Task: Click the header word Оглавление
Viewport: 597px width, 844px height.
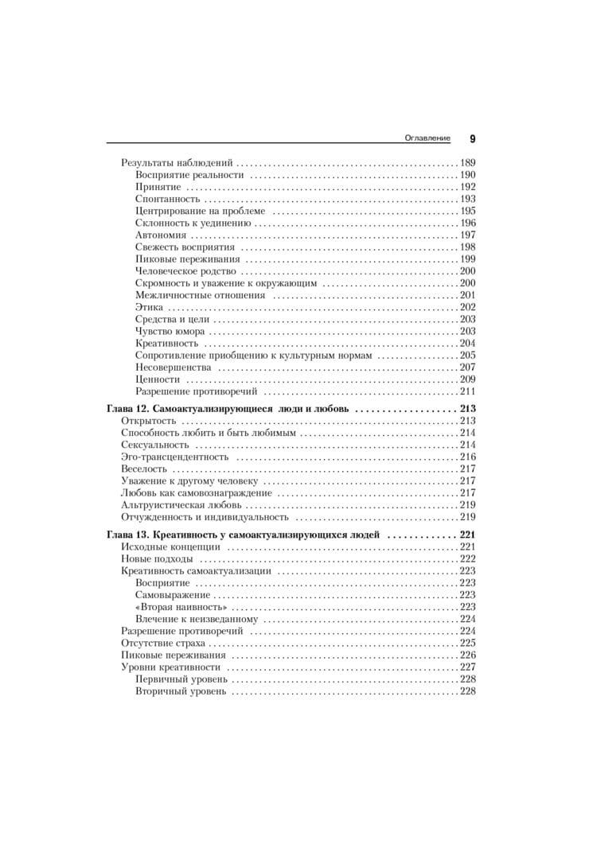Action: point(427,138)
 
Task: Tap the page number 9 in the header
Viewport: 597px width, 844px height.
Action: point(472,138)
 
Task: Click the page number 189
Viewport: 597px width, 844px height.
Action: point(467,162)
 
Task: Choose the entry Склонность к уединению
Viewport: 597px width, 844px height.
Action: point(193,223)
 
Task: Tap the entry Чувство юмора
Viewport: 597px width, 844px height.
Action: point(170,331)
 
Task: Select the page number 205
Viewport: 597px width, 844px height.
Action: point(467,355)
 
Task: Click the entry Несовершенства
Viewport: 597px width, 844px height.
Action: point(173,368)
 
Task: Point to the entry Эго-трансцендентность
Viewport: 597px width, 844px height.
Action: point(174,457)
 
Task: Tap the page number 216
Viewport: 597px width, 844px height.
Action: point(467,457)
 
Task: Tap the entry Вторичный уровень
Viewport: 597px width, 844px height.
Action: point(181,691)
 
